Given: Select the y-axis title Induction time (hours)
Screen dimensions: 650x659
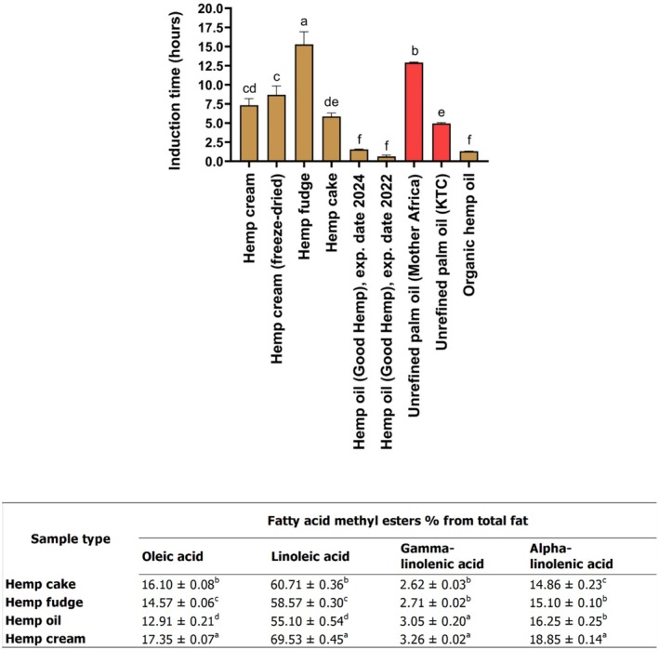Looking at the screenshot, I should pos(174,85).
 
